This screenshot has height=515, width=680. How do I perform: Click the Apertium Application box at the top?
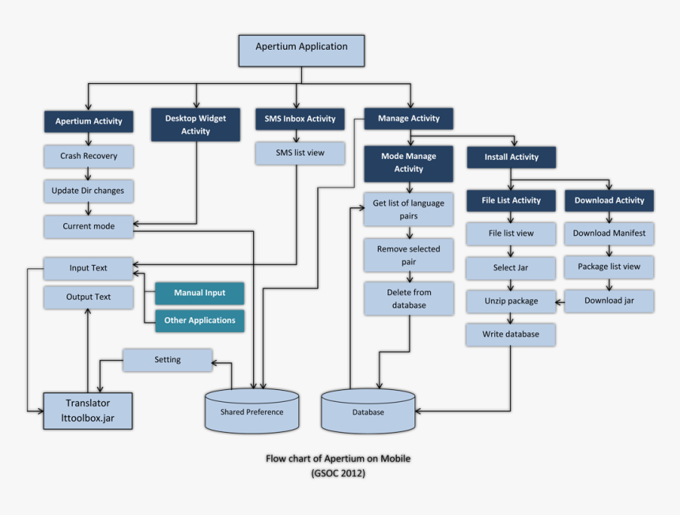pyautogui.click(x=301, y=50)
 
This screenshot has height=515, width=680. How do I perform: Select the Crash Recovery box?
pyautogui.click(x=89, y=156)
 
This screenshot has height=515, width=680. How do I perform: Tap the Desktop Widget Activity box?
pyautogui.click(x=195, y=125)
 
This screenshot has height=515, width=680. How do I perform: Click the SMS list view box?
pyautogui.click(x=300, y=153)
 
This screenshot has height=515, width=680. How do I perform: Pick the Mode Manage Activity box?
pyautogui.click(x=409, y=163)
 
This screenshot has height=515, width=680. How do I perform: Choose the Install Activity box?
pyautogui.click(x=512, y=157)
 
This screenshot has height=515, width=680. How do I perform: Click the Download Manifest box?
pyautogui.click(x=609, y=233)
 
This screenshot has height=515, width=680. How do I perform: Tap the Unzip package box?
pyautogui.click(x=511, y=301)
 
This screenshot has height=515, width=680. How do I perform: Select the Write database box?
pyautogui.click(x=511, y=335)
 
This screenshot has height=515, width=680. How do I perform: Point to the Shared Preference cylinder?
pyautogui.click(x=251, y=411)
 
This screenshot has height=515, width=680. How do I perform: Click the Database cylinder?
pyautogui.click(x=368, y=411)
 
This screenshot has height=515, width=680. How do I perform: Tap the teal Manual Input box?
pyautogui.click(x=199, y=293)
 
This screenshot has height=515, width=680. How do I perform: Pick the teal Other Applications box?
pyautogui.click(x=199, y=320)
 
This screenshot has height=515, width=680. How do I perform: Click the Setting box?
pyautogui.click(x=167, y=360)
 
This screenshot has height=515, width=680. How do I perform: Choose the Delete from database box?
pyautogui.click(x=409, y=298)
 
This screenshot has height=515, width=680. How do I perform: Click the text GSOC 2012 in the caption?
pyautogui.click(x=338, y=473)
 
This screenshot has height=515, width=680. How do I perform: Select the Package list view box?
pyautogui.click(x=609, y=267)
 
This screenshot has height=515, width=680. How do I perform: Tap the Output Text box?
pyautogui.click(x=89, y=297)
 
